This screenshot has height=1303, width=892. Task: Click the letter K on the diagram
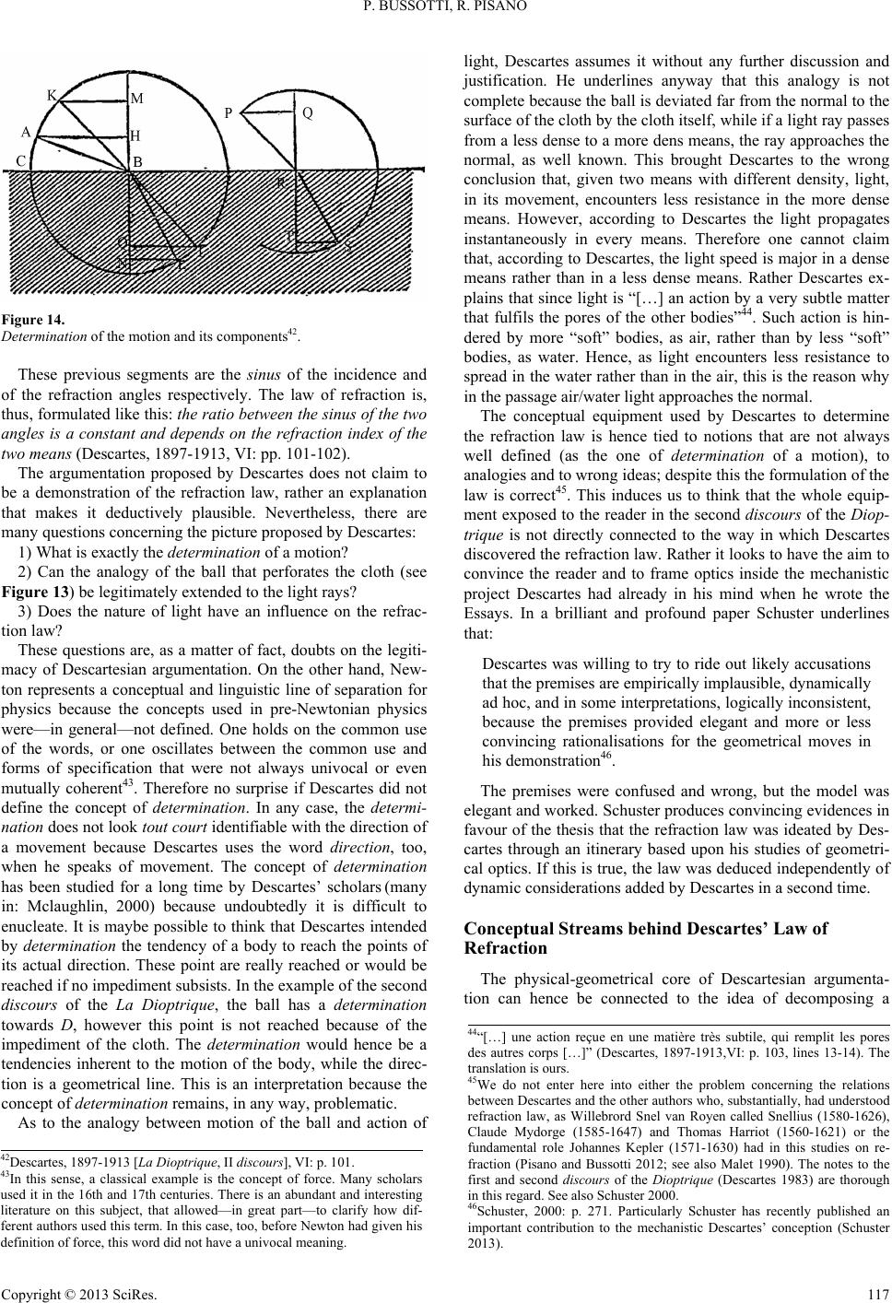pyautogui.click(x=53, y=95)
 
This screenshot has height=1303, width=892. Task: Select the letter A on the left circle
pyautogui.click(x=27, y=132)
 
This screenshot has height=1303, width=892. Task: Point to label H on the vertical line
pyautogui.click(x=135, y=135)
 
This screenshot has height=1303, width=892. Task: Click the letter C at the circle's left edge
pyautogui.click(x=20, y=160)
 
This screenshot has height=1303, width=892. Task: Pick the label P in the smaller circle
pyautogui.click(x=228, y=113)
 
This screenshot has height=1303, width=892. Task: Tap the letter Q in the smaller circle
pyautogui.click(x=307, y=113)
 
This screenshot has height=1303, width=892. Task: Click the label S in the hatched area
pyautogui.click(x=348, y=248)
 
